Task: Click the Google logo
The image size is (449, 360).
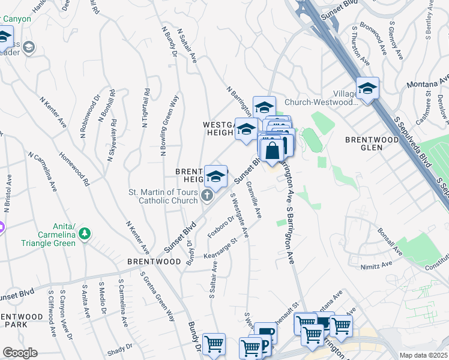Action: (20, 353)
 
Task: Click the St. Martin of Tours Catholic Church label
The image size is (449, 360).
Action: (163, 197)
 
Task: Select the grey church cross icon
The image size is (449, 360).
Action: (206, 194)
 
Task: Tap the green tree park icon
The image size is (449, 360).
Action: (85, 233)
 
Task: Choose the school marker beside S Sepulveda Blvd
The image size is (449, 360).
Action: (367, 89)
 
